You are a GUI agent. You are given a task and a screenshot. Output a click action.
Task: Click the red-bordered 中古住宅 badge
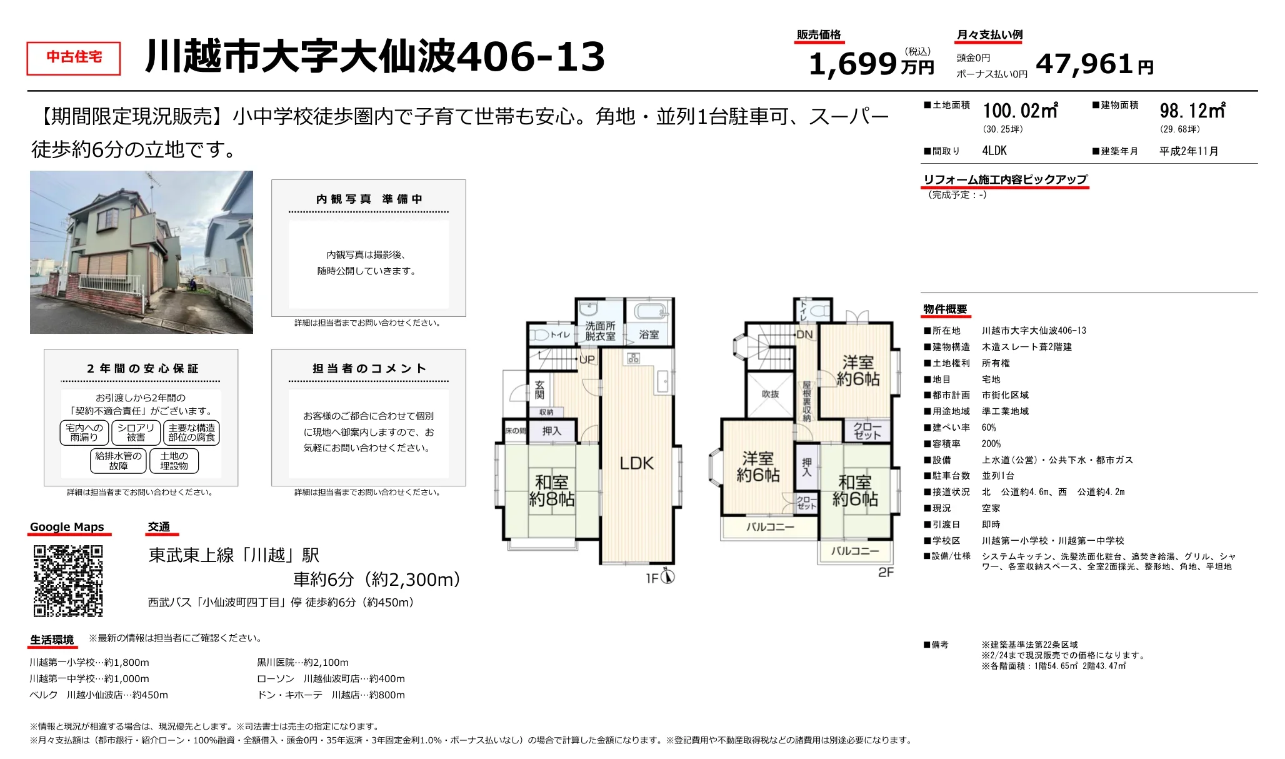click(x=74, y=58)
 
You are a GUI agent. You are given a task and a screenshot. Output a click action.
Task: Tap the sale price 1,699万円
click(x=871, y=64)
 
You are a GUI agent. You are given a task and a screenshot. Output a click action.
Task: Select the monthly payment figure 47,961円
click(x=1094, y=64)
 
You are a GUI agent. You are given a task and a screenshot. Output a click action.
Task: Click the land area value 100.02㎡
click(x=1020, y=111)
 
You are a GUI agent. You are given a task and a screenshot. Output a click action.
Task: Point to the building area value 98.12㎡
click(x=1192, y=111)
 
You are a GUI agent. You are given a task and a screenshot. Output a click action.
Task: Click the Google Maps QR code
click(x=67, y=581)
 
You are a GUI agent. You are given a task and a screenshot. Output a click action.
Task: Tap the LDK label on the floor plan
click(x=636, y=463)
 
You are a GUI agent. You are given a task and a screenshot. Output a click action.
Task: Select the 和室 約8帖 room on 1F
click(x=551, y=490)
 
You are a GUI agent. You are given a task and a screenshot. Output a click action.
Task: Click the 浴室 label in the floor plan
click(x=649, y=334)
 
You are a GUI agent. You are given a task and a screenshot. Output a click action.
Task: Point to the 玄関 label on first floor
click(x=539, y=390)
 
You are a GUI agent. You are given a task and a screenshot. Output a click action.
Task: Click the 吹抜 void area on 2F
click(x=770, y=395)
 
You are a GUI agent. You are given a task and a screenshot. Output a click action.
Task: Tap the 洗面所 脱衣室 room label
click(x=600, y=331)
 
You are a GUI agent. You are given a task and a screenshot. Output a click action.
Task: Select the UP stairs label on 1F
click(x=587, y=359)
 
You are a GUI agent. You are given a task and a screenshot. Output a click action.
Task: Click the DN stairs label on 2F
click(x=804, y=334)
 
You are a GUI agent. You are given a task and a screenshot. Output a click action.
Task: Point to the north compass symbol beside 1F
click(x=667, y=576)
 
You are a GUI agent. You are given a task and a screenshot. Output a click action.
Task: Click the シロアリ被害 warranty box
click(x=136, y=433)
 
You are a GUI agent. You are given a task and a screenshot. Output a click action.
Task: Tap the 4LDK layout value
click(x=994, y=151)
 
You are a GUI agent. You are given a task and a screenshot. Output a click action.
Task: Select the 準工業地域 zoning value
click(x=1005, y=411)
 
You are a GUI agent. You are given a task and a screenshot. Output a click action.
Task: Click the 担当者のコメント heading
click(x=369, y=369)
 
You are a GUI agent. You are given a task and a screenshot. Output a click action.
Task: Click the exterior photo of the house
click(x=141, y=252)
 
